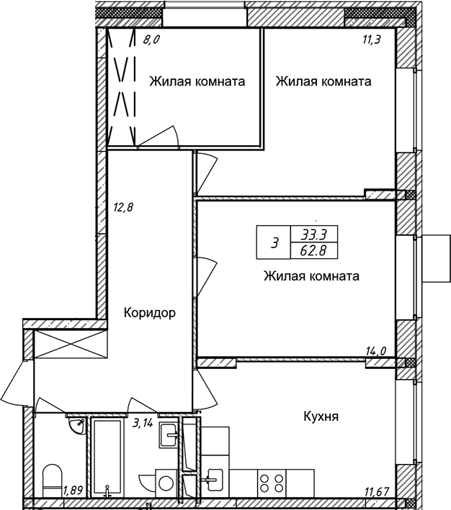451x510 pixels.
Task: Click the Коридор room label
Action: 150,313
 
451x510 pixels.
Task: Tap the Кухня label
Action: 321,416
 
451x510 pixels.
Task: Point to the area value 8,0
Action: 151,40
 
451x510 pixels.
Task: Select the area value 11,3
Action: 372,40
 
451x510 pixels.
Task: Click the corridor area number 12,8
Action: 123,207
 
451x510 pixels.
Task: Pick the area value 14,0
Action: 377,351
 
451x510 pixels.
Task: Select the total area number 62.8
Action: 313,251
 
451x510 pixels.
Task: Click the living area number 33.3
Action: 313,234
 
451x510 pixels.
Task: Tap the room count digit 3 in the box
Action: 275,242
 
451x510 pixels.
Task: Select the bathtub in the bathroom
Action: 107,463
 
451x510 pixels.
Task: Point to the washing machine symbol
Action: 166,483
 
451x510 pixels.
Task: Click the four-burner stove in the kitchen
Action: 272,483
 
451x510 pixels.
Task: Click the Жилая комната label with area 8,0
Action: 197,81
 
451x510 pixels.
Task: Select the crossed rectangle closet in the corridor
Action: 71,345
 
